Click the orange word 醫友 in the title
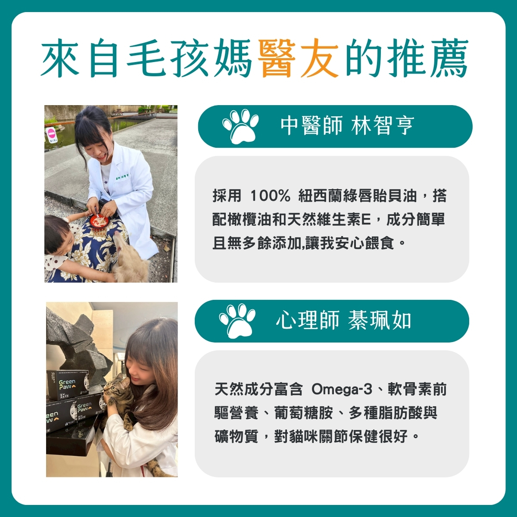(x=297, y=57)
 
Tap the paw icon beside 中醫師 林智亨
(x=240, y=126)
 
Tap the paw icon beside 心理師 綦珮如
(x=237, y=321)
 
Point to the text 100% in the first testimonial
(x=270, y=196)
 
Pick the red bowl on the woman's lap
(x=99, y=221)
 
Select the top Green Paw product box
(x=72, y=384)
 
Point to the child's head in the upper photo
(x=57, y=235)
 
